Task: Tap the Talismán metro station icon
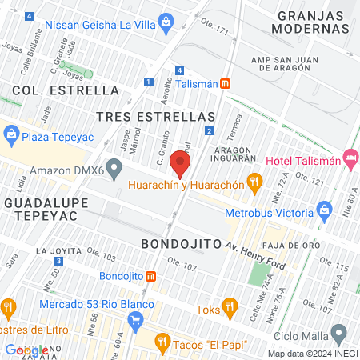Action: point(226,83)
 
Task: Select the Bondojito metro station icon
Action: point(150,276)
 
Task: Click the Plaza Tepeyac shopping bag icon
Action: point(11,136)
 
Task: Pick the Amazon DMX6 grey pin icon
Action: point(114,170)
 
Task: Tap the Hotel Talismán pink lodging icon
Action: point(350,160)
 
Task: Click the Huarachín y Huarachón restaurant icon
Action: point(254,183)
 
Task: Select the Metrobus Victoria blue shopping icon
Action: point(324,213)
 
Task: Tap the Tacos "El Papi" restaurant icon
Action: point(162,343)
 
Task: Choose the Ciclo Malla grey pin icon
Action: point(339,333)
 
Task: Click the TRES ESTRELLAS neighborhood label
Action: point(156,117)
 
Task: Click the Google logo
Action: point(26,350)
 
